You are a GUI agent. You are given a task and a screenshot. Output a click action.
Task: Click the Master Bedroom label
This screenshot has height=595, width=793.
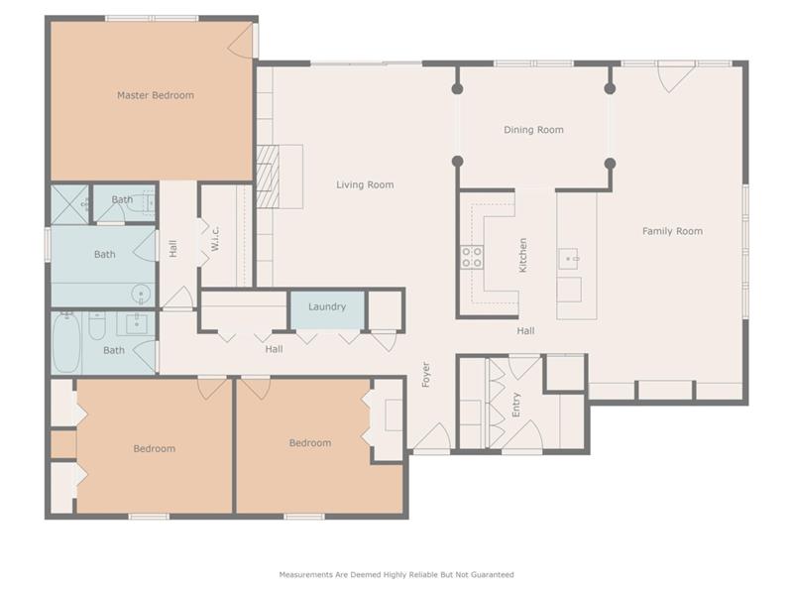156,95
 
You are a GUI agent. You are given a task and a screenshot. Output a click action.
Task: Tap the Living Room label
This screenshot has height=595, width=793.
365,184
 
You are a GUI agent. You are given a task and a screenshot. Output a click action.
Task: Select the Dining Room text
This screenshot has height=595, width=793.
533,130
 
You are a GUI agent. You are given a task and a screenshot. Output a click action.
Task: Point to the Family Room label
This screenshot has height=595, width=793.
672,231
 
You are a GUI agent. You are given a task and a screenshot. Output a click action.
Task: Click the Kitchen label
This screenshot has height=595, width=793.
523,256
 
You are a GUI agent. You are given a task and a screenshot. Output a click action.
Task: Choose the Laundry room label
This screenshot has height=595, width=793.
327,306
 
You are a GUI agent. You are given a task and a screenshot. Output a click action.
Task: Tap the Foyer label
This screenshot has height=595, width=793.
426,375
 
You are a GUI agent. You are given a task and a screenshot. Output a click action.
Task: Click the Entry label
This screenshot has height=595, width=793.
515,405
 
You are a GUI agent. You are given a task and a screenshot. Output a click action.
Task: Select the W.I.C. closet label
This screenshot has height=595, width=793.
215,238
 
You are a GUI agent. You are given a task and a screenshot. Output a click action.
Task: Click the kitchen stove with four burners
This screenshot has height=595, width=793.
472,257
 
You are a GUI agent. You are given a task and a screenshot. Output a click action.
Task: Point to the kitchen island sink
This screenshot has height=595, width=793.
569,259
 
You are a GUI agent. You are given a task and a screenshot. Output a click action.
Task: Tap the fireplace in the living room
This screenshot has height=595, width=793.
268,177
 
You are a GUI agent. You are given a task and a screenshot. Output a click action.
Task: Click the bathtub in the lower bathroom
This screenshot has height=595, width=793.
66,342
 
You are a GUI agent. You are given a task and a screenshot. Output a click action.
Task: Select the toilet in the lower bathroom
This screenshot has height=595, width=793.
96,326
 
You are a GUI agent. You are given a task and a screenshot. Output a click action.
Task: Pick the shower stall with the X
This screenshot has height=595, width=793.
69,204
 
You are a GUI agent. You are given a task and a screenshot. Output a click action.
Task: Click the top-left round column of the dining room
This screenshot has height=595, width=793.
457,89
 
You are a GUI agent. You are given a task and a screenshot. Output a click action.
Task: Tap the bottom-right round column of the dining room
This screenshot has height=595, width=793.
610,164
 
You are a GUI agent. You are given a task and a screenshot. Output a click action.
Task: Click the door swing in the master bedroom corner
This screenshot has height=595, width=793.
240,42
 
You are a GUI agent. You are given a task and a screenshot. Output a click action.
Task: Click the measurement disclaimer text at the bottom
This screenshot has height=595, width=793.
396,575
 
